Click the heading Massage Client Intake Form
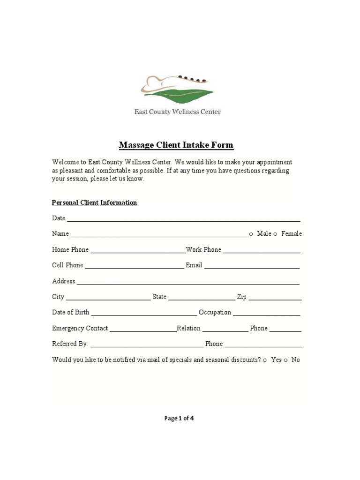click(x=176, y=145)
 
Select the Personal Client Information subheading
click(x=94, y=202)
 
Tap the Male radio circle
click(x=251, y=234)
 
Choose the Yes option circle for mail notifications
click(x=265, y=360)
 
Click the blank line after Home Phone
click(x=138, y=251)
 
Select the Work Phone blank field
click(x=262, y=251)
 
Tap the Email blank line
click(x=252, y=267)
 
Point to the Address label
click(x=63, y=281)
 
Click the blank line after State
click(x=202, y=298)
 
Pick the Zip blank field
click(x=275, y=298)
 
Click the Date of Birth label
click(x=70, y=312)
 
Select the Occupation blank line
click(x=266, y=314)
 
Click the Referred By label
click(x=70, y=344)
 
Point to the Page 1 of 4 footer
click(x=179, y=419)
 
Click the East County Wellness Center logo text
click(x=178, y=112)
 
